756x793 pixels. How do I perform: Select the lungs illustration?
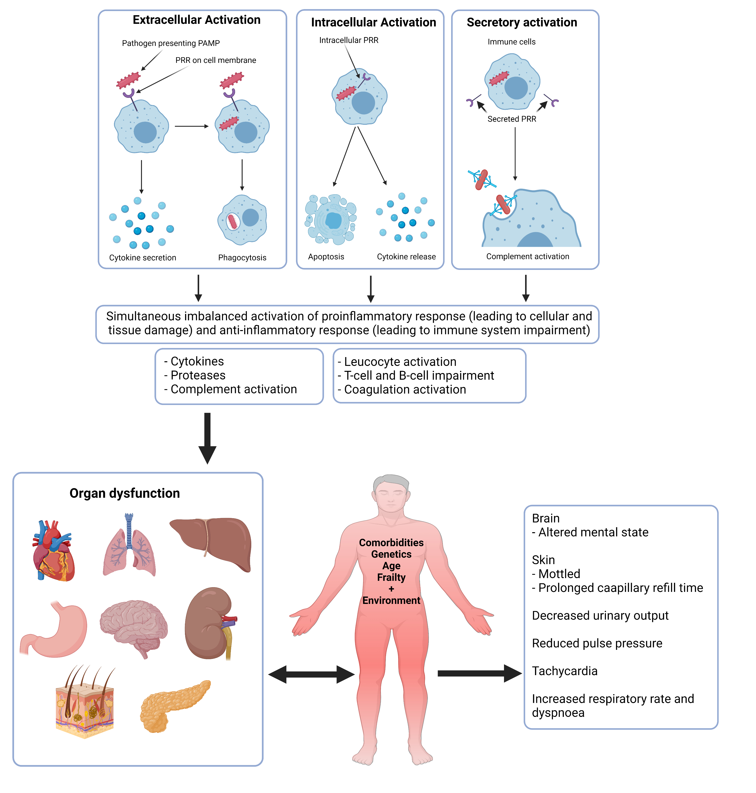(129, 548)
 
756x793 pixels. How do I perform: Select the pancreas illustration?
(173, 705)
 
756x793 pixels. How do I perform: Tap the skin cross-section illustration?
(85, 703)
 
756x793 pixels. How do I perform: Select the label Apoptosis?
(326, 257)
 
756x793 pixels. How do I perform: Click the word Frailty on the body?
(391, 577)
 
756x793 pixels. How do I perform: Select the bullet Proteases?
(197, 375)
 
